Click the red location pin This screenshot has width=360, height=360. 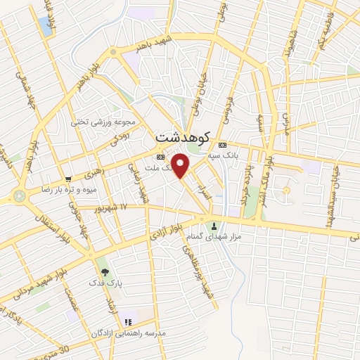pyautogui.click(x=181, y=166)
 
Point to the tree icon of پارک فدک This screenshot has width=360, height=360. pyautogui.click(x=104, y=271)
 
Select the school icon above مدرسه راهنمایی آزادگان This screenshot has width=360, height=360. pyautogui.click(x=128, y=321)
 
